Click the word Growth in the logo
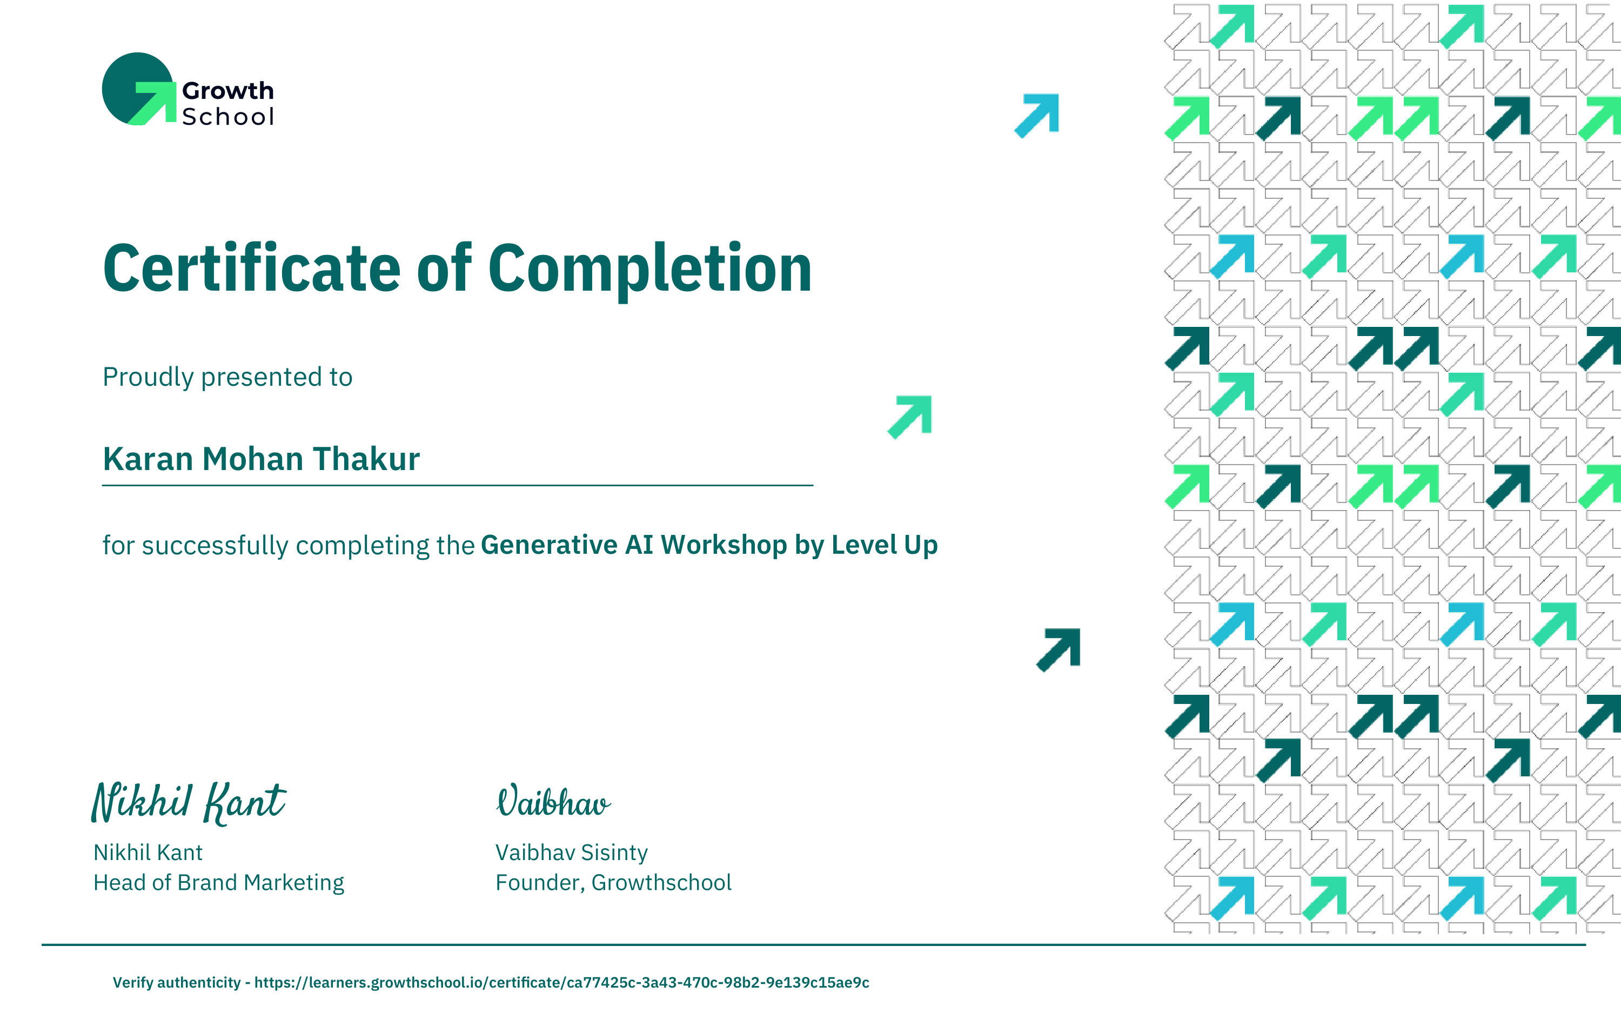tap(227, 90)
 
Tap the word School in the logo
tap(227, 117)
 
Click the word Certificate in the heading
tap(252, 268)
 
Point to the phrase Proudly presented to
tap(227, 377)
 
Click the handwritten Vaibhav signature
tap(553, 801)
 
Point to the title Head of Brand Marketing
tap(218, 883)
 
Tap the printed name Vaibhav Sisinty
tap(571, 853)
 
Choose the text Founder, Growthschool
tap(614, 883)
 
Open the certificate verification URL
tap(561, 983)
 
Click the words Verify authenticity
tap(176, 983)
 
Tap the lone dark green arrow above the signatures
tap(1059, 650)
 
